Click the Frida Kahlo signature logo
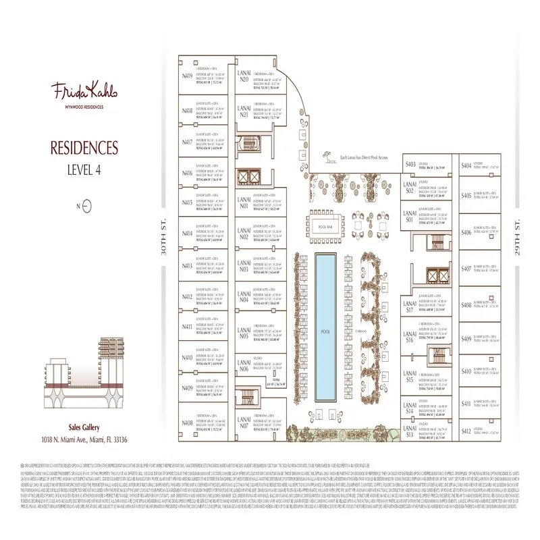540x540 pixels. [x=80, y=91]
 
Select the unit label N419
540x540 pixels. [x=186, y=78]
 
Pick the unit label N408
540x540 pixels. [x=186, y=423]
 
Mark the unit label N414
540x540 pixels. [x=186, y=234]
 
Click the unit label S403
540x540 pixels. [x=409, y=165]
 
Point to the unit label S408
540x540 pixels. [x=466, y=305]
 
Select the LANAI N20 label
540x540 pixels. [x=244, y=76]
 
